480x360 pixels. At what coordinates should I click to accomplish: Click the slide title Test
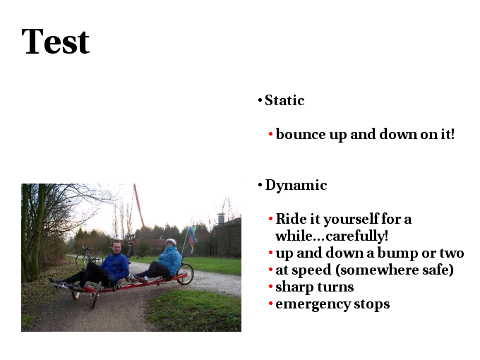(55, 41)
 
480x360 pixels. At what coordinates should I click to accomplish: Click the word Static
(284, 100)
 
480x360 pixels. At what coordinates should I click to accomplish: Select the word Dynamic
(296, 185)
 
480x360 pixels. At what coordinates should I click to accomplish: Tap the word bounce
(301, 134)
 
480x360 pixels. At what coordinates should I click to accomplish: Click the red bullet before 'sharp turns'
(270, 287)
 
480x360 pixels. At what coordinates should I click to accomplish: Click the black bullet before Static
(260, 100)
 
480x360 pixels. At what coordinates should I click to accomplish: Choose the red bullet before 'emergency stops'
(270, 304)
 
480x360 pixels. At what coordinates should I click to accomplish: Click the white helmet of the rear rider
(171, 242)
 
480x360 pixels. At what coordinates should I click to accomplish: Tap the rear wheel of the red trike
(186, 274)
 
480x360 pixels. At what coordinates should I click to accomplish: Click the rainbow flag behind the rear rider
(192, 240)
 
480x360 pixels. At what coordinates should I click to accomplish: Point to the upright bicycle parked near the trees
(88, 256)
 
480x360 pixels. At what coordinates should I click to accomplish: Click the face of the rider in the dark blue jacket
(116, 247)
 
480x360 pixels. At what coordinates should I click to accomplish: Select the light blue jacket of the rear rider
(171, 260)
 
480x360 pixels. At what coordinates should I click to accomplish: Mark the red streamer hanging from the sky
(139, 205)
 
